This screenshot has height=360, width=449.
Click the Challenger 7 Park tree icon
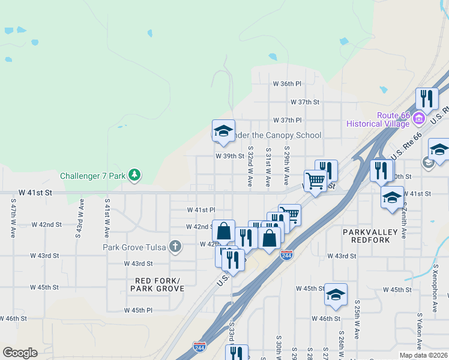pyautogui.click(x=136, y=175)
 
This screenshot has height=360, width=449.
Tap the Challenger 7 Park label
pyautogui.click(x=95, y=176)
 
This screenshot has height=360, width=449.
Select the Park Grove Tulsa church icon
pyautogui.click(x=175, y=246)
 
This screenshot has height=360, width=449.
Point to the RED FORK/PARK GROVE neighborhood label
pyautogui.click(x=157, y=284)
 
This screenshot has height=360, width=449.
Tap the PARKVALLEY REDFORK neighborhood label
pyautogui.click(x=367, y=236)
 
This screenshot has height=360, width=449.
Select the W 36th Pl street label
pyautogui.click(x=286, y=83)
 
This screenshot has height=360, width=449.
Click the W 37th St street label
pyautogui.click(x=305, y=103)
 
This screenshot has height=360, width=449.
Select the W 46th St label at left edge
pyautogui.click(x=14, y=319)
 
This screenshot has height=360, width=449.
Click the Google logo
pyautogui.click(x=20, y=353)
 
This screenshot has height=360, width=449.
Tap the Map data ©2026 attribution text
pyautogui.click(x=423, y=355)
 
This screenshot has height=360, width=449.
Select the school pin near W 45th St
pyautogui.click(x=336, y=294)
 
